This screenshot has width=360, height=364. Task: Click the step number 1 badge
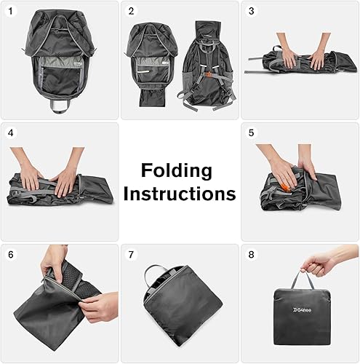click(x=11, y=12)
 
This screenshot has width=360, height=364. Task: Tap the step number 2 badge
click(x=131, y=12)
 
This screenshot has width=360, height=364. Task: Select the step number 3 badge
click(x=252, y=12)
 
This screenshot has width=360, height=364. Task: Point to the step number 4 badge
click(x=11, y=133)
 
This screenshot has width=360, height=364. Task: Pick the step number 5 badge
click(x=252, y=133)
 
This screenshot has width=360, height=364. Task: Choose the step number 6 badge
click(x=11, y=255)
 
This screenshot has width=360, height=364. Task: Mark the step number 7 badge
click(x=131, y=255)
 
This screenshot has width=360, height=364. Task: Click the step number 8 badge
click(x=252, y=255)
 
